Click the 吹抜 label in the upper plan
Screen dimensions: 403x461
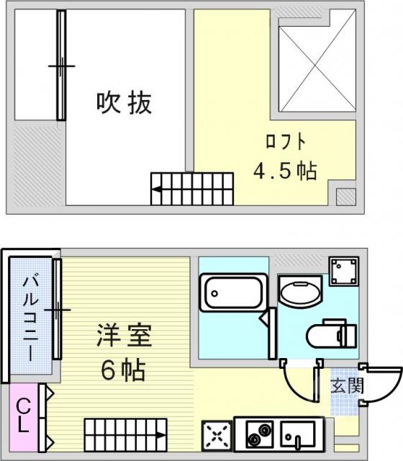click(x=124, y=103)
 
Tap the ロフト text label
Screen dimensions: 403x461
click(x=286, y=142)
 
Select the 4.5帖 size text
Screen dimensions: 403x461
click(x=285, y=171)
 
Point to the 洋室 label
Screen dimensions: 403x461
click(x=124, y=335)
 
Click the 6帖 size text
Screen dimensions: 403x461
click(x=123, y=370)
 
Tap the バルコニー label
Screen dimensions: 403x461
click(x=31, y=318)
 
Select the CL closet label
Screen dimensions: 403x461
click(x=23, y=415)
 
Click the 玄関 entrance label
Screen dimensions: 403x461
click(x=347, y=385)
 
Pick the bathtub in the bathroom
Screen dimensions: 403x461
click(x=233, y=292)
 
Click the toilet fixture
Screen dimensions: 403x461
click(x=332, y=334)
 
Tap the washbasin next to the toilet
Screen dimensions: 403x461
click(x=300, y=291)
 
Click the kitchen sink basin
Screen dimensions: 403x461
click(x=298, y=434)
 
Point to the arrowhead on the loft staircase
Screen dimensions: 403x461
click(x=157, y=189)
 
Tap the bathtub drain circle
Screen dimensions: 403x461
click(x=214, y=293)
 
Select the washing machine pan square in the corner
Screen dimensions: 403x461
click(x=344, y=272)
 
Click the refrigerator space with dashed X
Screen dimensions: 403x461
click(x=217, y=437)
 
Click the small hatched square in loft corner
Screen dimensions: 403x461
click(x=345, y=197)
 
